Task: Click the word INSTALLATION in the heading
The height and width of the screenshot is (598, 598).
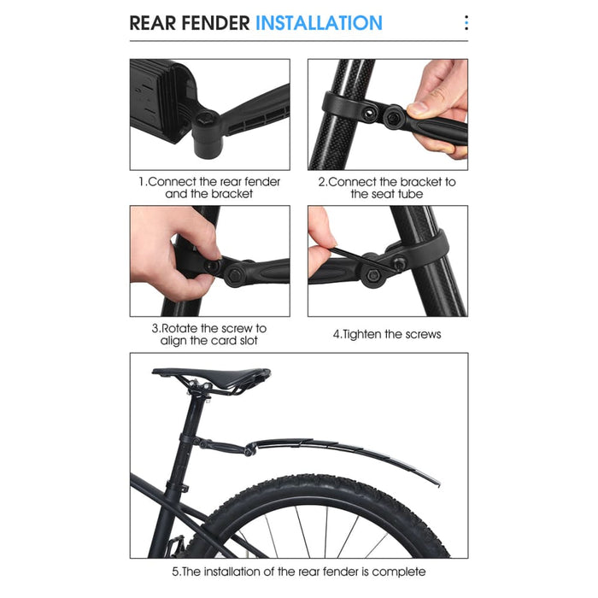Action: pos(319,22)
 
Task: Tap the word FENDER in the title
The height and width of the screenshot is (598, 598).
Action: pos(214,22)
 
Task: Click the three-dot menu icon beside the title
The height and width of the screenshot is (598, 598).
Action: pos(466,22)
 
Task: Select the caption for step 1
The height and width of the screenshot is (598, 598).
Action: pos(209,188)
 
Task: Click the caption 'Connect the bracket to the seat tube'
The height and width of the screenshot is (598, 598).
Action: pos(387,188)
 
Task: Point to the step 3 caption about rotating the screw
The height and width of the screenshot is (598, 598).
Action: pos(209,334)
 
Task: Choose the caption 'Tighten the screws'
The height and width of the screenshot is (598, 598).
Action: pos(387,334)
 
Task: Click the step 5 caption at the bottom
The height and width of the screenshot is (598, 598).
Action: pos(298,572)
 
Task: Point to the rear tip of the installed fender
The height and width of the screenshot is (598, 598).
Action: pos(437,483)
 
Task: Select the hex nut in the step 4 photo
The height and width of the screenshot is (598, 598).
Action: pos(373,275)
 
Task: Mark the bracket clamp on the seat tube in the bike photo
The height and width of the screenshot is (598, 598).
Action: pos(195,441)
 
